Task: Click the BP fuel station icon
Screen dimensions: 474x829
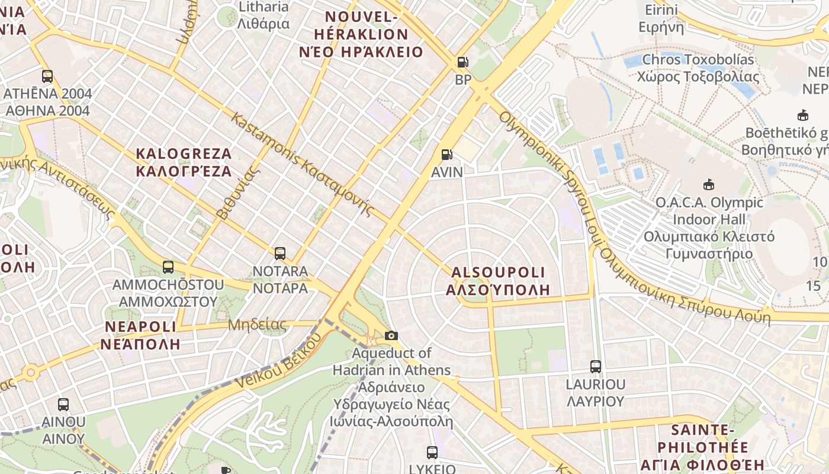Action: [x=462, y=62]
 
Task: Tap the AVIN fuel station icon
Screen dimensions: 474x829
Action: [x=447, y=155]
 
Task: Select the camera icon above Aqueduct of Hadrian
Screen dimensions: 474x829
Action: [x=391, y=336]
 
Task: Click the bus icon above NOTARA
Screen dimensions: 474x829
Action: [x=280, y=254]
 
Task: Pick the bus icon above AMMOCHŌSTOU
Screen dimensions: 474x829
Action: [x=168, y=267]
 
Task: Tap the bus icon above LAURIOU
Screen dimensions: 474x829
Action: [x=596, y=367]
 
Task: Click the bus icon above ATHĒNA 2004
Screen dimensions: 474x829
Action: [x=47, y=76]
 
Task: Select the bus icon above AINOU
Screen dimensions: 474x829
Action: [x=63, y=405]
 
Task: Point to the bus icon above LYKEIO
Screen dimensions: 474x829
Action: [x=432, y=453]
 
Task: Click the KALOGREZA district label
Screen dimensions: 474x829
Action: [x=184, y=163]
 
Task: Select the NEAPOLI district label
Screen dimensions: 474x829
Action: [x=140, y=335]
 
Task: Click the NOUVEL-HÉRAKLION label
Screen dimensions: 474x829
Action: [x=361, y=34]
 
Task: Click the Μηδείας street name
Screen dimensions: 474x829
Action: [x=257, y=325]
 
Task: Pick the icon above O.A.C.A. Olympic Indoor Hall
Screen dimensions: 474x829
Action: [x=708, y=185]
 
